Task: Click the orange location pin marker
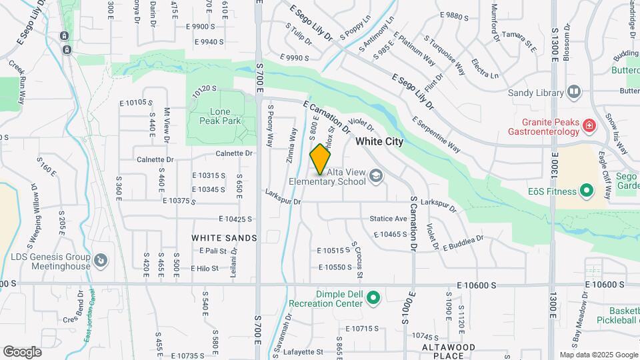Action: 321,159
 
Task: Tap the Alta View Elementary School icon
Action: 376,175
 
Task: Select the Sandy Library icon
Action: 574,92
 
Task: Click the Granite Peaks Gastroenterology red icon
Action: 589,125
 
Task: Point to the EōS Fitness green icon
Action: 587,191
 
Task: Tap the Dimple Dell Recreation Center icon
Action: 373,297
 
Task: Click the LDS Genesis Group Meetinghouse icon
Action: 101,260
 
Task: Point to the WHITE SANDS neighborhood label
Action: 224,238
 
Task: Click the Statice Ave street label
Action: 388,219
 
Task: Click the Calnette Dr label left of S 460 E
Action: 155,160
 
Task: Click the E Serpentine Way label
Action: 436,134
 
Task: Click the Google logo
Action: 22,351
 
